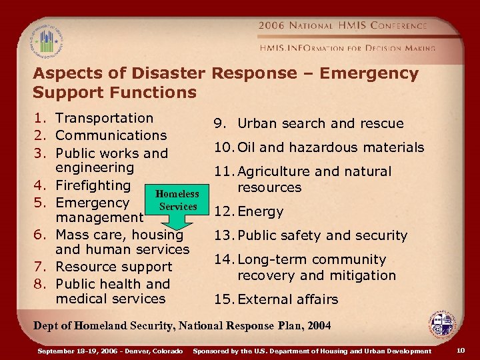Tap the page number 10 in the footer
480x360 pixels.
(x=461, y=350)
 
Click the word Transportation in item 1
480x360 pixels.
(x=105, y=118)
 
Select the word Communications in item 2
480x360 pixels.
(x=111, y=135)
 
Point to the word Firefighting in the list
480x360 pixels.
(x=93, y=185)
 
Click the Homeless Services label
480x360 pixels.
(x=177, y=200)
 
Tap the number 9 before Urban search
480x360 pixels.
(x=218, y=123)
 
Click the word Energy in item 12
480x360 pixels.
(x=261, y=211)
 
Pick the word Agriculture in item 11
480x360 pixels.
(x=274, y=171)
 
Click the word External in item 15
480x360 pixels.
(x=265, y=299)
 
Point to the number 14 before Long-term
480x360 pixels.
(x=223, y=259)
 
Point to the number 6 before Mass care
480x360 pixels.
(x=40, y=234)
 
